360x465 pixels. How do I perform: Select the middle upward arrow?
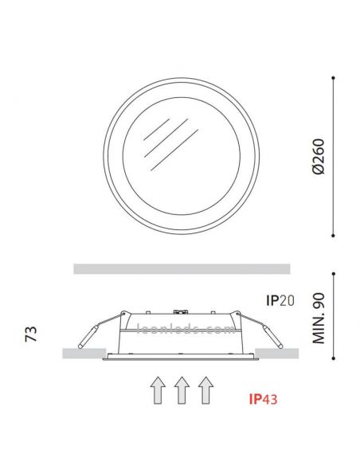[181, 393]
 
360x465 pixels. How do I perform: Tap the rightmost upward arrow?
[206, 393]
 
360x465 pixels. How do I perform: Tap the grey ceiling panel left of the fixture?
[83, 354]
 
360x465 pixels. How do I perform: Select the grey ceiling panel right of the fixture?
[278, 354]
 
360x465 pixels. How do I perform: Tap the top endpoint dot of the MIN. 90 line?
[334, 272]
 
